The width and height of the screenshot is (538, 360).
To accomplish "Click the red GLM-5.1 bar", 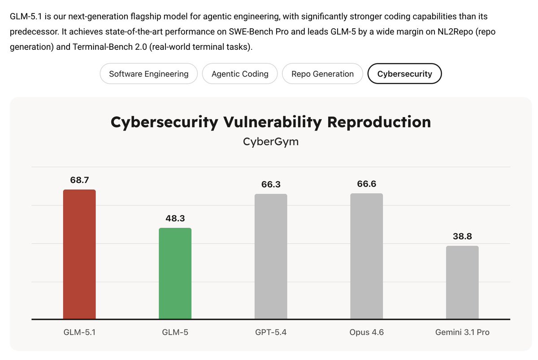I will pyautogui.click(x=79, y=254).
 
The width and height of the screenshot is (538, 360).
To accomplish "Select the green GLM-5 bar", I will pyautogui.click(x=175, y=273).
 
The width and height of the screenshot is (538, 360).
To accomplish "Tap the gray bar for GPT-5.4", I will pyautogui.click(x=271, y=256).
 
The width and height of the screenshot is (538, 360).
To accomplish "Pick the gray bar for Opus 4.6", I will pyautogui.click(x=366, y=256).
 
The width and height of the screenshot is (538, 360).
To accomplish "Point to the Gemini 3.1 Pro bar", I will pyautogui.click(x=462, y=282).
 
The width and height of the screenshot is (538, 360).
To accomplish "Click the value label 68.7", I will pyautogui.click(x=79, y=180).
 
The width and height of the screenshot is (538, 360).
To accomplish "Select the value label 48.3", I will pyautogui.click(x=175, y=219).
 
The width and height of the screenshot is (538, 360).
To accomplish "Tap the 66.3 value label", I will pyautogui.click(x=271, y=185).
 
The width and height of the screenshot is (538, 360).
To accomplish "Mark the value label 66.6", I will pyautogui.click(x=366, y=184).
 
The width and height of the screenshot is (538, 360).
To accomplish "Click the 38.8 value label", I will pyautogui.click(x=462, y=237).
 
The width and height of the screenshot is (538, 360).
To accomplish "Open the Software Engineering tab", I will pyautogui.click(x=149, y=74).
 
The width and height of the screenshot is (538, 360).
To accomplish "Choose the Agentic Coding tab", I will pyautogui.click(x=240, y=74).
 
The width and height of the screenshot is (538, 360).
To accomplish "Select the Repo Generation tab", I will pyautogui.click(x=322, y=74).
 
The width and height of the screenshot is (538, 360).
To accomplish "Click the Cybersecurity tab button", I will pyautogui.click(x=404, y=74).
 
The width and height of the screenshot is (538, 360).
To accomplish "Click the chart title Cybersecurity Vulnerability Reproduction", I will pyautogui.click(x=271, y=122).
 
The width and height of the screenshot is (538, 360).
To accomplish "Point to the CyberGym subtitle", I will pyautogui.click(x=271, y=142).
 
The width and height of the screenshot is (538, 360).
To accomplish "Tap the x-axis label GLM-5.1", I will pyautogui.click(x=79, y=333).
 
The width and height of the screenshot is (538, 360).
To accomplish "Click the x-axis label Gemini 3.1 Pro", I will pyautogui.click(x=462, y=333).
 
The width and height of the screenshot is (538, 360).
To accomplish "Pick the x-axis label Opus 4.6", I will pyautogui.click(x=366, y=333).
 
